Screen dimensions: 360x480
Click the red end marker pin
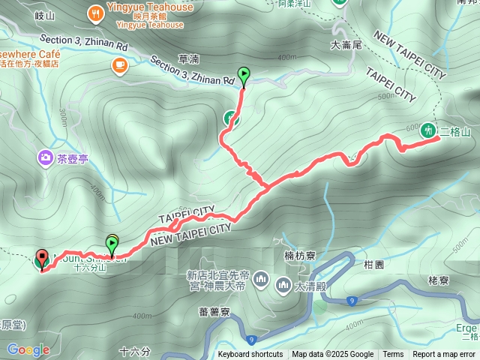(x=42, y=258)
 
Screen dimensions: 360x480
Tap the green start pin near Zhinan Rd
(x=243, y=74)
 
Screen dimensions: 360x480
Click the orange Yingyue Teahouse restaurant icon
(x=95, y=12)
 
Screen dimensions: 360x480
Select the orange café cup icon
(x=119, y=65)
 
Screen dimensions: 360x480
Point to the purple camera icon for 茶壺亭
(x=46, y=157)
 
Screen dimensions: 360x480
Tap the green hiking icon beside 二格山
(x=428, y=130)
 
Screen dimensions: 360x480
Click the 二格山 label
(x=455, y=132)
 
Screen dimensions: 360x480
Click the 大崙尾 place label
(x=346, y=45)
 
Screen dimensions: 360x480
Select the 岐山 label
(x=45, y=15)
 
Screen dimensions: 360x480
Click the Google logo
(x=28, y=349)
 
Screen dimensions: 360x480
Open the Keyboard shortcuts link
(x=250, y=355)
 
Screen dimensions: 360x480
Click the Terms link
(x=393, y=355)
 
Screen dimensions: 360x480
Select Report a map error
(x=445, y=355)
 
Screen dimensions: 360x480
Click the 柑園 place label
(x=373, y=265)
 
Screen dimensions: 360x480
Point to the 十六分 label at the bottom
(x=135, y=350)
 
